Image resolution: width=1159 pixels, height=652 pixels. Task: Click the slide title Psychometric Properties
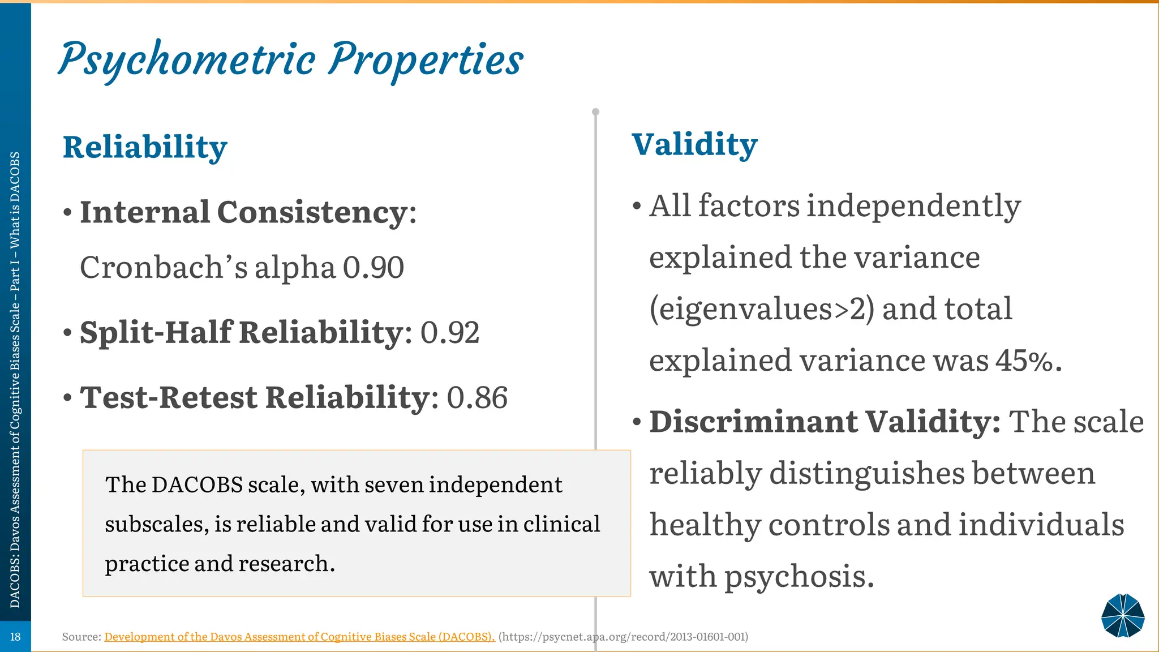(291, 60)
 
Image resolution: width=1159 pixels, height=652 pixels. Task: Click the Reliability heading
(145, 147)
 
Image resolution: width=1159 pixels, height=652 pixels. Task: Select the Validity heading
(694, 144)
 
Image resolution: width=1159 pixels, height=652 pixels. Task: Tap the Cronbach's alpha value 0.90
(374, 268)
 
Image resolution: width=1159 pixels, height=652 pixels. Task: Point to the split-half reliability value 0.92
(450, 333)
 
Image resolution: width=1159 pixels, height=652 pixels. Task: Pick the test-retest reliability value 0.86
(477, 398)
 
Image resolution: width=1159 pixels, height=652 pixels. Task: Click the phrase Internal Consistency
(243, 213)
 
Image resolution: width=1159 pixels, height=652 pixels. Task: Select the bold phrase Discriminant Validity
(824, 422)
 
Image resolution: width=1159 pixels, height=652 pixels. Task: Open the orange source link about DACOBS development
(299, 637)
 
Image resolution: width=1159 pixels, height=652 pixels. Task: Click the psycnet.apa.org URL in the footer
(623, 637)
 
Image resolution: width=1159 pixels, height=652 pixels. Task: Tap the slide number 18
(15, 637)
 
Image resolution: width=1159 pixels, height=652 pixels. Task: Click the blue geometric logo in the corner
(1123, 616)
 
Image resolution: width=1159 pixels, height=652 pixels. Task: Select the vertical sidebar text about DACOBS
(15, 379)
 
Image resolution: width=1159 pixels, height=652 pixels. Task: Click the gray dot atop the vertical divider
(595, 111)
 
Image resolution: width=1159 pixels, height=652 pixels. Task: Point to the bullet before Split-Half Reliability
(68, 333)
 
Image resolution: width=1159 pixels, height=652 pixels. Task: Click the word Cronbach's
(164, 268)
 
